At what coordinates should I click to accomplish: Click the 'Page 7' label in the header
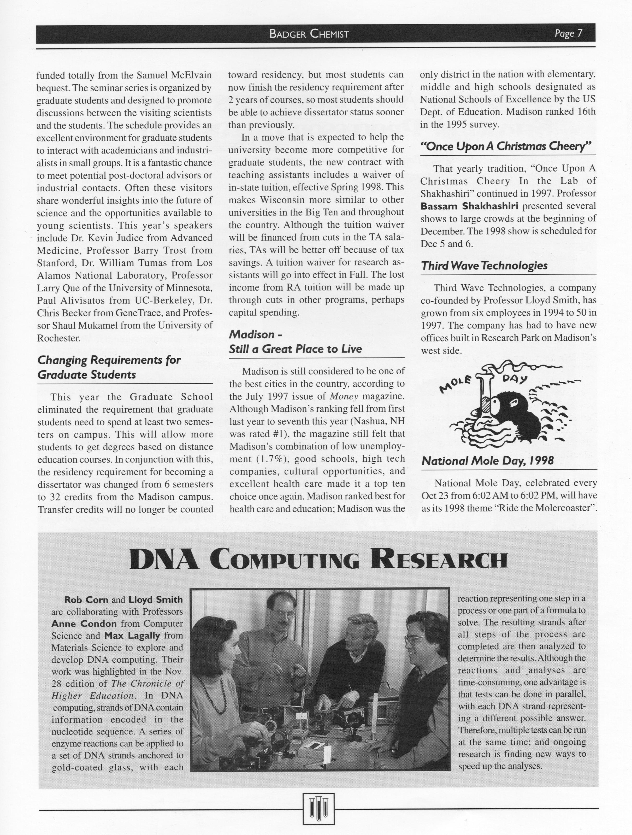pyautogui.click(x=568, y=34)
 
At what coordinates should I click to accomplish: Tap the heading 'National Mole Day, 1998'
pyautogui.click(x=487, y=461)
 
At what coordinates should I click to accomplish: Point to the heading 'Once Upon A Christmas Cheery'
pyautogui.click(x=506, y=146)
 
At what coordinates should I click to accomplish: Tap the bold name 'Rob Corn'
pyautogui.click(x=86, y=599)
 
